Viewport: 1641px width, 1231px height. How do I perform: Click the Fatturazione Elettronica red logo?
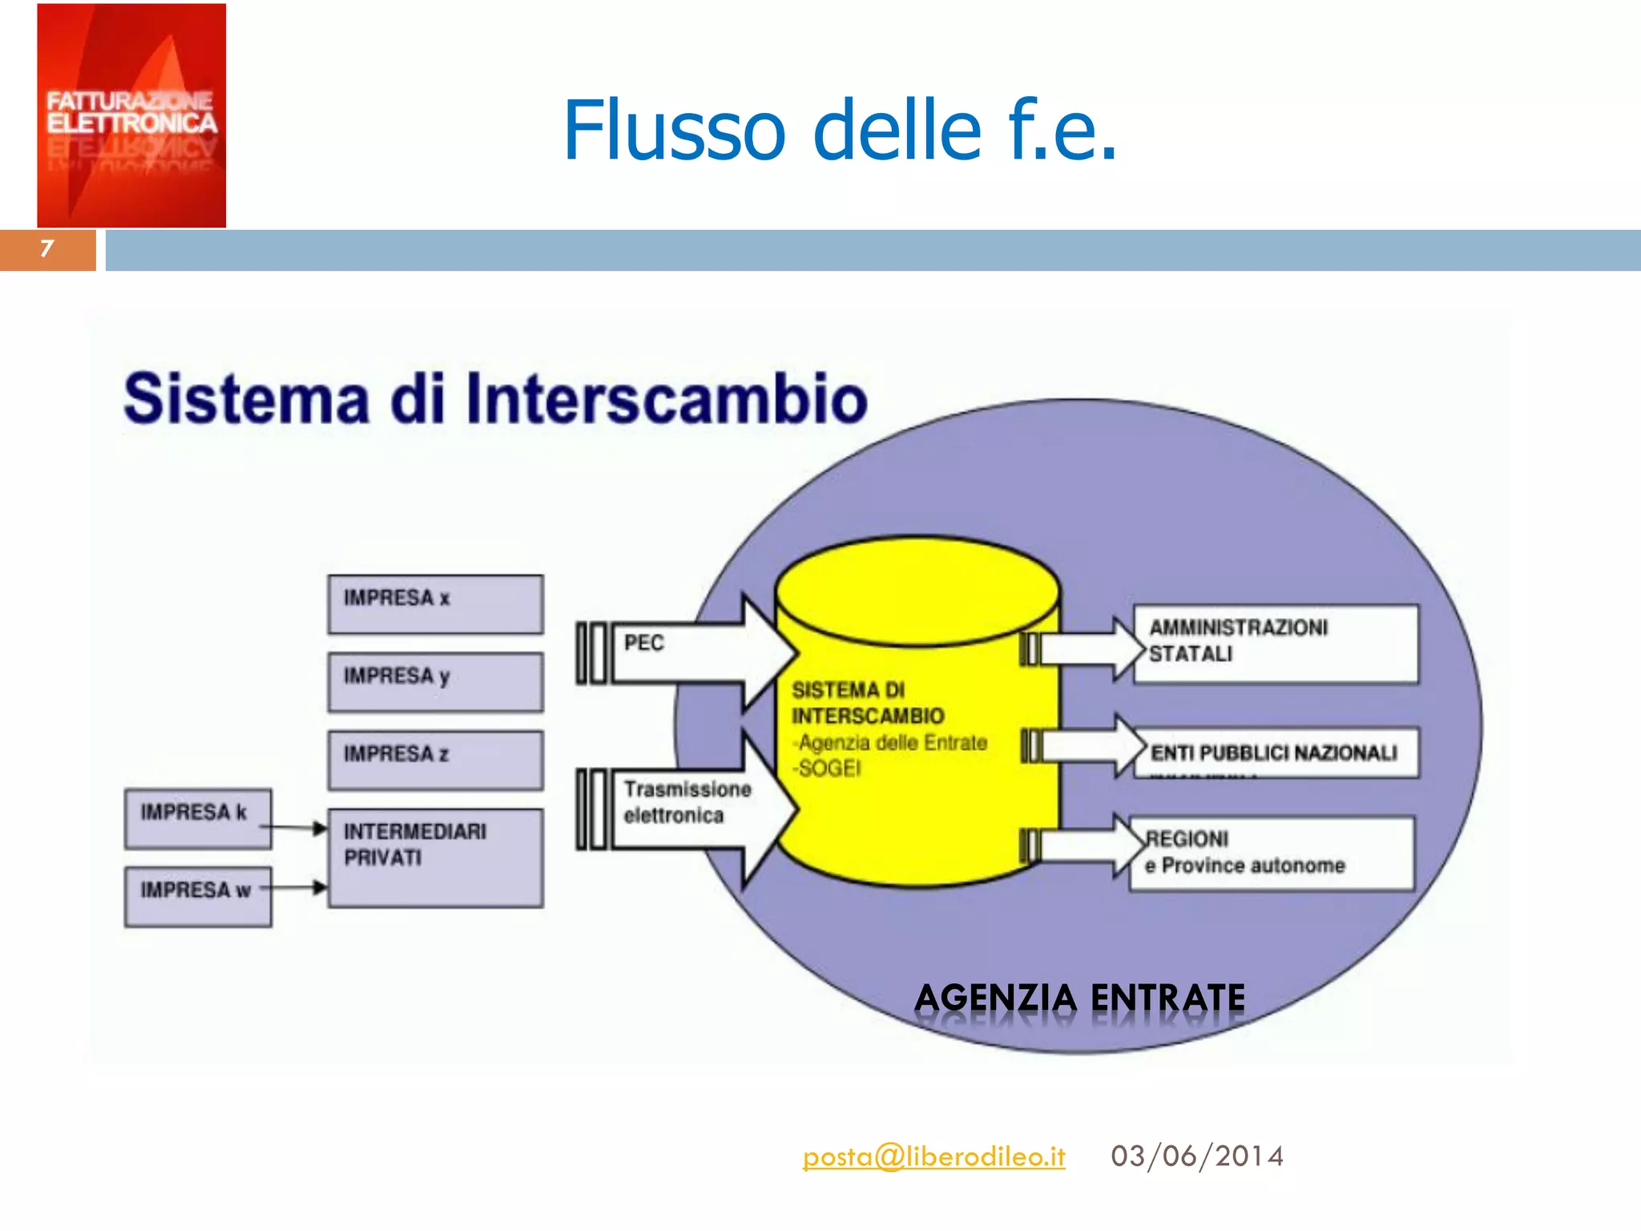click(x=131, y=115)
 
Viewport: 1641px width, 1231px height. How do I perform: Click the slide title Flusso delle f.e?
click(x=839, y=130)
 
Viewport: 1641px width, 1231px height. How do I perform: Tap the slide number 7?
click(x=46, y=249)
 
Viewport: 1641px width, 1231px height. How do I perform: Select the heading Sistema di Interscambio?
click(x=495, y=398)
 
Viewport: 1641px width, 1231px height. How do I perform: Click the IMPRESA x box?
click(x=435, y=604)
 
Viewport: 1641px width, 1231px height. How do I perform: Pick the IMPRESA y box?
click(x=435, y=682)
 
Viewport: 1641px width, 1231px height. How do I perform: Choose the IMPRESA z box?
click(x=435, y=760)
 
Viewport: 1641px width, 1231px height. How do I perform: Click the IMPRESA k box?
click(x=197, y=818)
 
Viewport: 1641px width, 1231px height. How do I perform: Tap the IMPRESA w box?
click(x=197, y=896)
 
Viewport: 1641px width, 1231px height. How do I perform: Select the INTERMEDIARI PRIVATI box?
click(x=435, y=858)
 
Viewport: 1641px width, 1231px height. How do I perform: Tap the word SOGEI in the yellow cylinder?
click(x=830, y=769)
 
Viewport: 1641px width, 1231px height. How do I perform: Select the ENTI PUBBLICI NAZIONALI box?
click(x=1276, y=753)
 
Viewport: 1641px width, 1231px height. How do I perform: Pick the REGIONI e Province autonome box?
click(x=1272, y=854)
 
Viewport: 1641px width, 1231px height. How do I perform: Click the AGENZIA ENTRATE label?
click(x=1079, y=998)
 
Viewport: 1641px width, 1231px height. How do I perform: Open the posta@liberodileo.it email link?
click(x=933, y=1156)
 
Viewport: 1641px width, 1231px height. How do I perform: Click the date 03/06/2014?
click(x=1197, y=1156)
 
